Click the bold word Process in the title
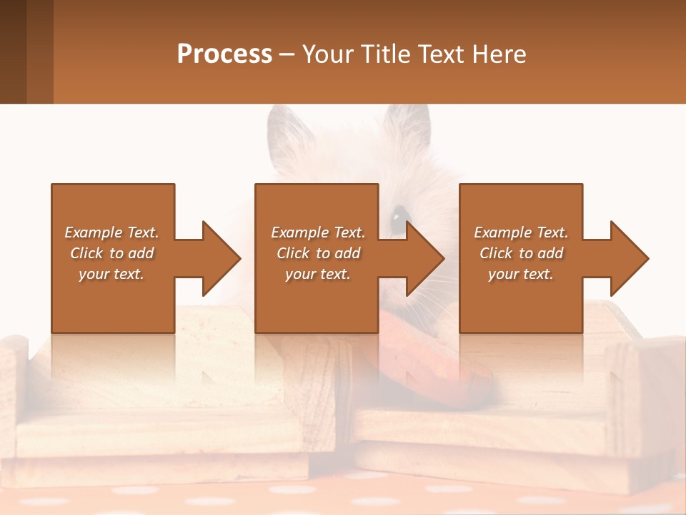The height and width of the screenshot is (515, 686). [224, 54]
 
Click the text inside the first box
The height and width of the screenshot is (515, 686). [111, 253]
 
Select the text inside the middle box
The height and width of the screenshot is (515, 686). [317, 253]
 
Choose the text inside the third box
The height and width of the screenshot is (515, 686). [521, 253]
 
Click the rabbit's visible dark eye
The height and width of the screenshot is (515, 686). [397, 213]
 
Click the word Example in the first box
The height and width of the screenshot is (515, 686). [94, 232]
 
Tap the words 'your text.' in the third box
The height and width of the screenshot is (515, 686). [521, 274]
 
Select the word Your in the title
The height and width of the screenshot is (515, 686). [326, 54]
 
